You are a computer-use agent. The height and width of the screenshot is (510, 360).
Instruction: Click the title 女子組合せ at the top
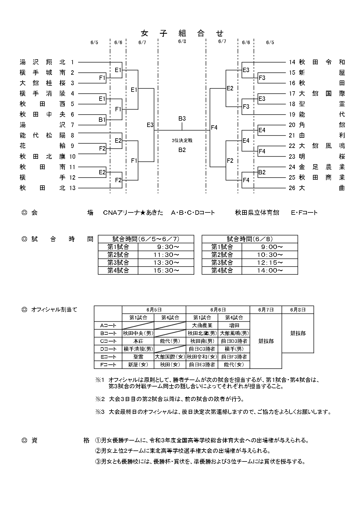182,33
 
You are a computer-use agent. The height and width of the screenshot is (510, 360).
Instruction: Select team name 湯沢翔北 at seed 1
43,62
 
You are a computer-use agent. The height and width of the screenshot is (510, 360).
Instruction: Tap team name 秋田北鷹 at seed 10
43,157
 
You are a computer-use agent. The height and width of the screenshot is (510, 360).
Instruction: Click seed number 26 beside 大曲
292,188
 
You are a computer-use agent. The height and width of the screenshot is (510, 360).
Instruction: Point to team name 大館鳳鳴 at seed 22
322,146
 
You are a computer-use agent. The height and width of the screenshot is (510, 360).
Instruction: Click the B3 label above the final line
182,119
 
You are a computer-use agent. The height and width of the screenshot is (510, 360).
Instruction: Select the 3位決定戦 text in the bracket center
182,140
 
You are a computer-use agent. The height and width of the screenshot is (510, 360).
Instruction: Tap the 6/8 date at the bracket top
182,41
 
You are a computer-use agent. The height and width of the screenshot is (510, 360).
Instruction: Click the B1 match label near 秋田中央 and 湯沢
102,120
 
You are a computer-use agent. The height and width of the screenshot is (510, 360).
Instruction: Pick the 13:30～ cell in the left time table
166,263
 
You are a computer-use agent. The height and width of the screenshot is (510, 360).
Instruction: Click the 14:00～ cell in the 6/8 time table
270,271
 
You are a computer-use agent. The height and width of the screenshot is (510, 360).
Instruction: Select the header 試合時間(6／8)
250,239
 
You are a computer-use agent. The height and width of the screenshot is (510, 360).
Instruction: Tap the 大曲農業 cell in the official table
202,325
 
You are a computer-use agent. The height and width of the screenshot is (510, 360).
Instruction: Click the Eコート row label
108,357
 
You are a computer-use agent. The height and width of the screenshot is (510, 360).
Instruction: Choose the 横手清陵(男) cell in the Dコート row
138,349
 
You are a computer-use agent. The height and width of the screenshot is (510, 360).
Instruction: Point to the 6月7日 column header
266,310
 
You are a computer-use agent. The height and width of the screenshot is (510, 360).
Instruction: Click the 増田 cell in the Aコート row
234,325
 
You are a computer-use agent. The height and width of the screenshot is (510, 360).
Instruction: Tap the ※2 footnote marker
100,399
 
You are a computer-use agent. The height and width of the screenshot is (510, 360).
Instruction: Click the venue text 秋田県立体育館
257,213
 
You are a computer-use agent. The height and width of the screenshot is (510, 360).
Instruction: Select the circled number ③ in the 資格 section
98,462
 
